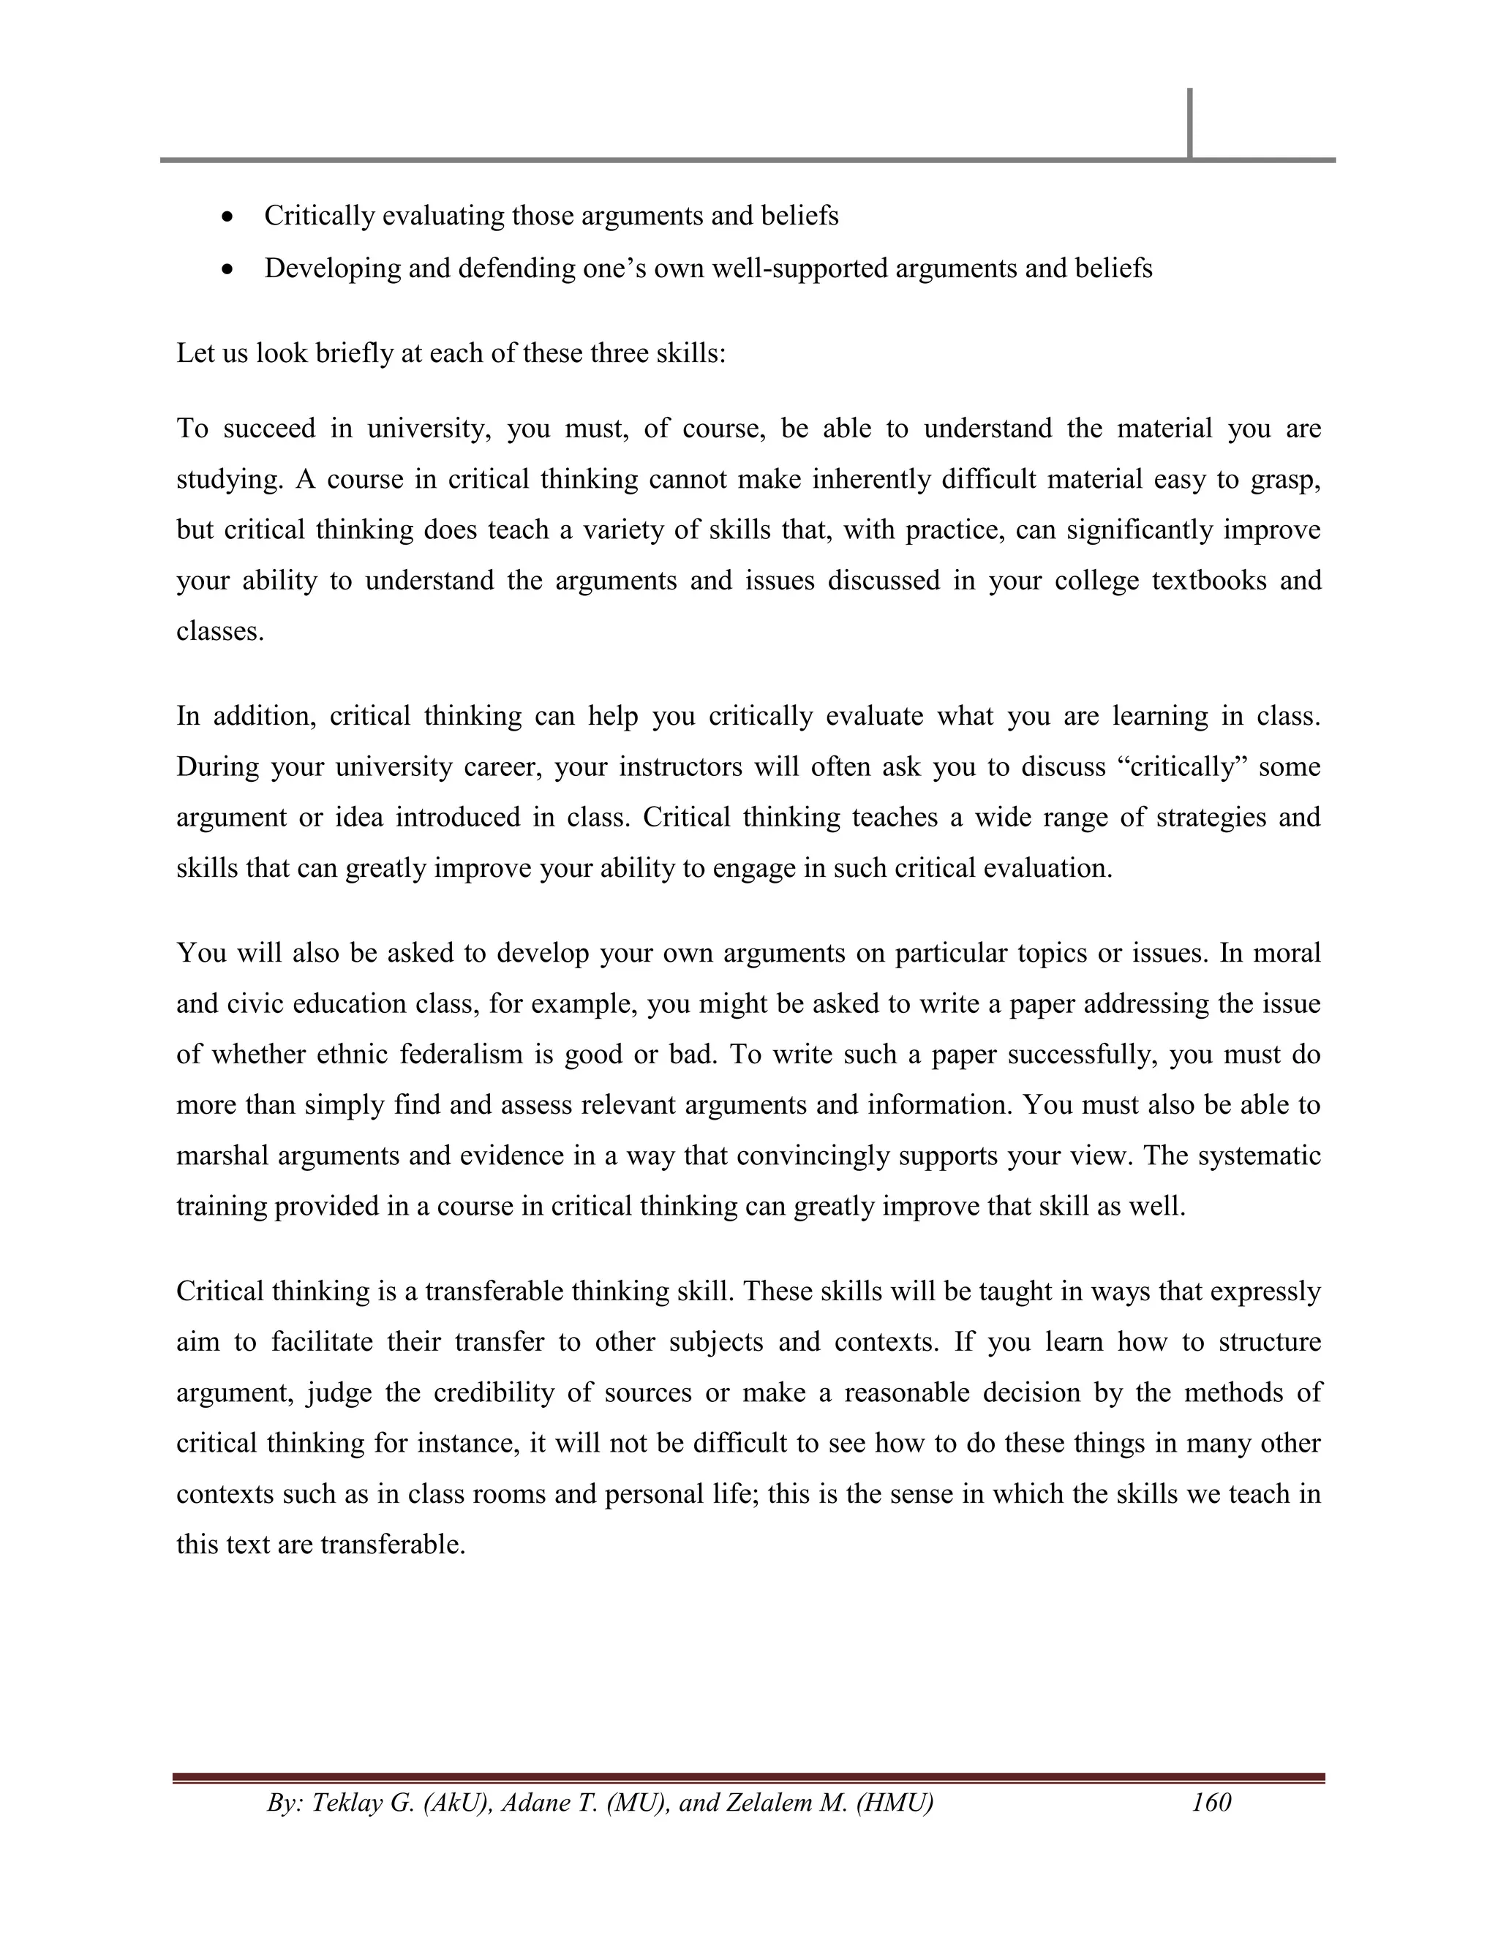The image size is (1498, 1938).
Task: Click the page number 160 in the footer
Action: (1211, 1802)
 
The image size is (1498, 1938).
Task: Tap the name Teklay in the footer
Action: (345, 1802)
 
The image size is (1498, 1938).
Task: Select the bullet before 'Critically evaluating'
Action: (229, 216)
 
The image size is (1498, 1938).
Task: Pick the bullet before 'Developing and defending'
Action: (229, 269)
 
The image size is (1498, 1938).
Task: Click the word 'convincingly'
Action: (815, 1156)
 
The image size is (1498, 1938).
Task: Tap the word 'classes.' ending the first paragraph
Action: (220, 632)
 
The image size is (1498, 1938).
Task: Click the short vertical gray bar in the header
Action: (1189, 124)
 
